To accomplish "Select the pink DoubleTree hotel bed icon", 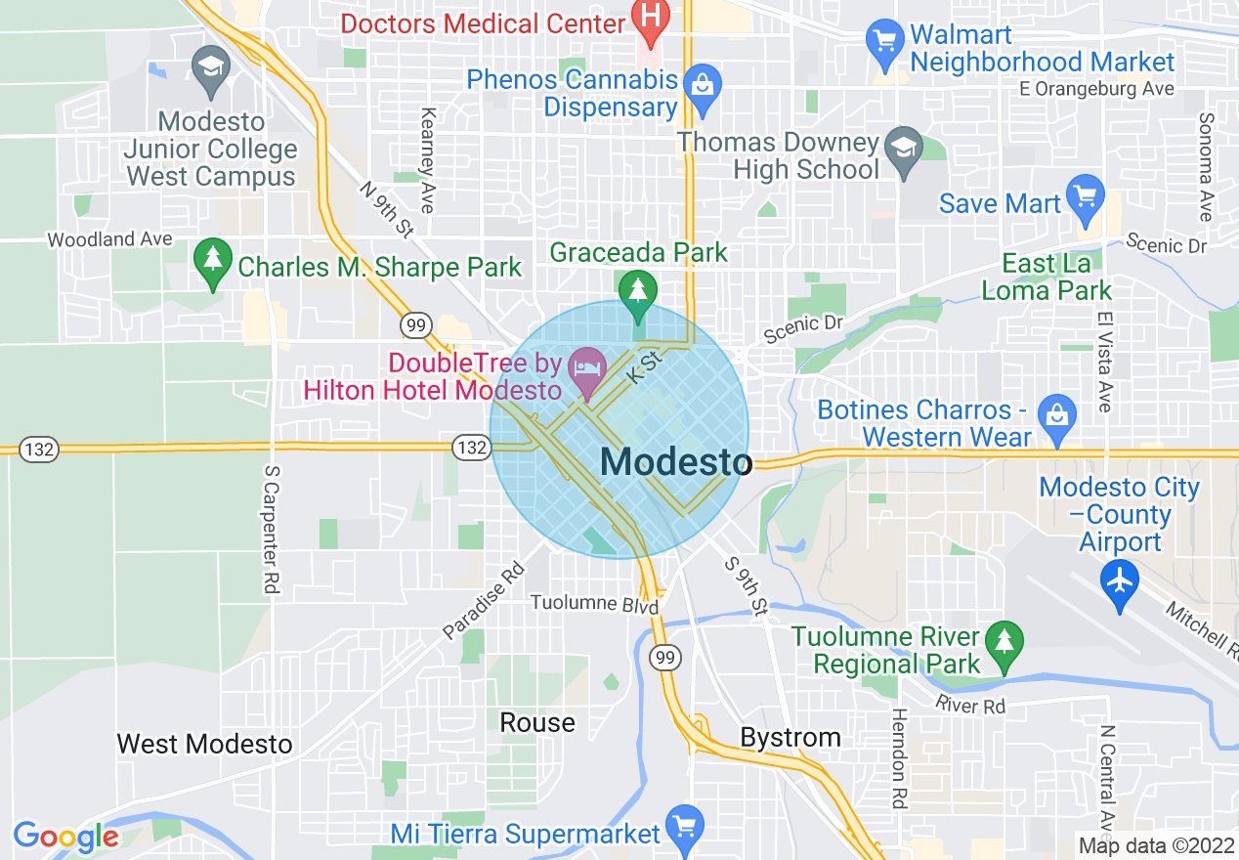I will click(586, 369).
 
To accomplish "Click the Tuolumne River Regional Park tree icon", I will click(1004, 643).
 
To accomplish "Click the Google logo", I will click(65, 837).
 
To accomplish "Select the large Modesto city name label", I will click(675, 462).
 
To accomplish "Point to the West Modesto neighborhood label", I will click(204, 744).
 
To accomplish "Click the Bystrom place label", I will click(790, 737).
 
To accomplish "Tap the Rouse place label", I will click(537, 722).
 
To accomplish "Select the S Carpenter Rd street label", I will click(271, 529).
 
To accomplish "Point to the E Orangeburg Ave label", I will click(1095, 89).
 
